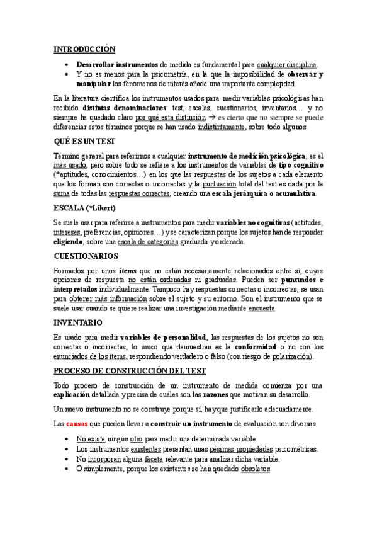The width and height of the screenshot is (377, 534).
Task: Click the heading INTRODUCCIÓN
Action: click(x=84, y=48)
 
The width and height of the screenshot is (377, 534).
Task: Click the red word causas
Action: click(x=77, y=423)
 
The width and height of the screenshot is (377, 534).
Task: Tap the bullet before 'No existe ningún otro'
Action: click(x=68, y=439)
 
